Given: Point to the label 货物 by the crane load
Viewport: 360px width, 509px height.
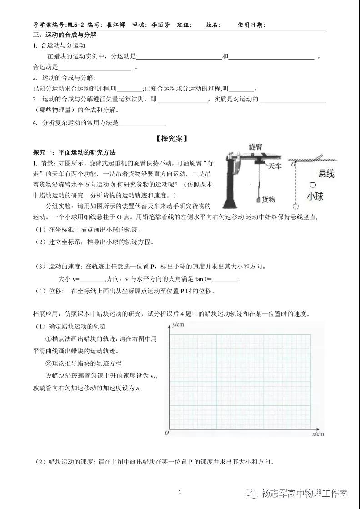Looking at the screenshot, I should pos(269,199).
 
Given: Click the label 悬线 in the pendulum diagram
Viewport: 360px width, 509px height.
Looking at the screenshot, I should pos(326,173).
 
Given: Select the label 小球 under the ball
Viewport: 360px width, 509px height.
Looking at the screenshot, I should pos(315,197).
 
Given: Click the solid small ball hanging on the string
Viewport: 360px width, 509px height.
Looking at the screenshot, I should pos(313,185).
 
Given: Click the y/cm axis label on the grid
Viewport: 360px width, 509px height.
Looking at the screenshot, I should pos(177,325).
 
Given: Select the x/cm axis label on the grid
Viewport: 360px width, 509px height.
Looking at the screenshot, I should pos(318,434).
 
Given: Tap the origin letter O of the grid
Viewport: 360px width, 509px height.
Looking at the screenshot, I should pos(166,433).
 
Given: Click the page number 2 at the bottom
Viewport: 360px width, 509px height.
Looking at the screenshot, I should pos(180,492).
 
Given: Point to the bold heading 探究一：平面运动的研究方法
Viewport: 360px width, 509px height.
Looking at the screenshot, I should pos(75,152).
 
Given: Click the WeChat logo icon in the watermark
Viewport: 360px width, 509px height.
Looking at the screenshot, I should pos(250,494).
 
